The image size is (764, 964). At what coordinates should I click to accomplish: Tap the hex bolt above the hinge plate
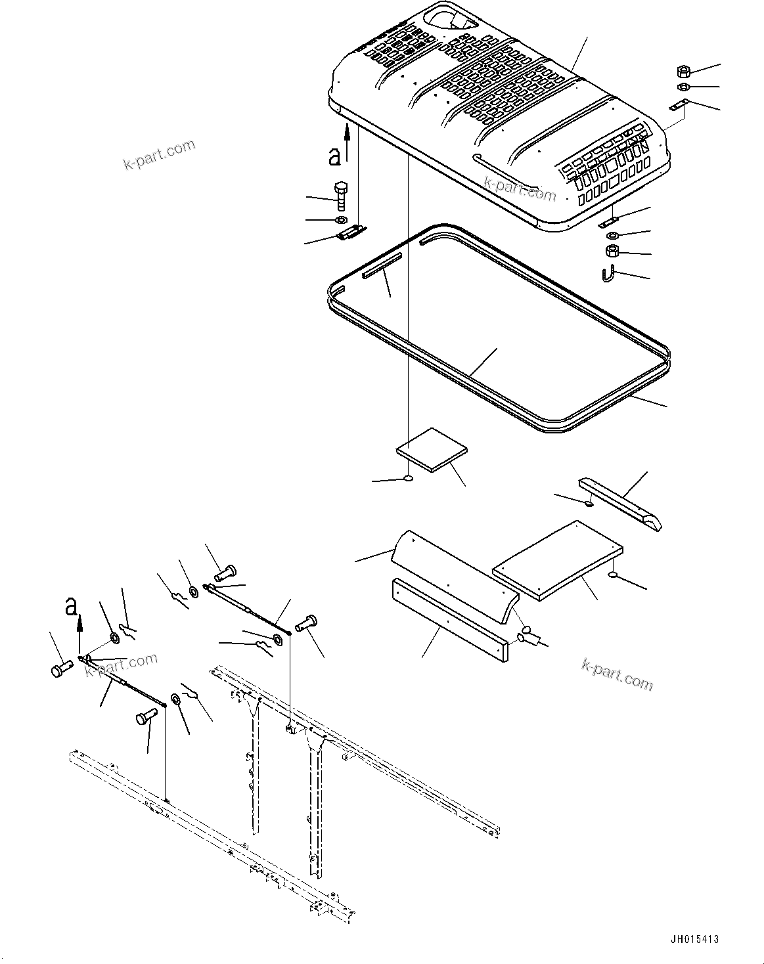click(341, 195)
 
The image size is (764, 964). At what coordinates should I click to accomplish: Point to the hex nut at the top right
click(681, 71)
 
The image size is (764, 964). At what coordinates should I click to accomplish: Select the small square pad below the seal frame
click(432, 450)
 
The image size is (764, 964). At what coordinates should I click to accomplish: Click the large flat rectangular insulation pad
click(558, 560)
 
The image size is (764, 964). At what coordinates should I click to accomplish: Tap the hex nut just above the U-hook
click(611, 250)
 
